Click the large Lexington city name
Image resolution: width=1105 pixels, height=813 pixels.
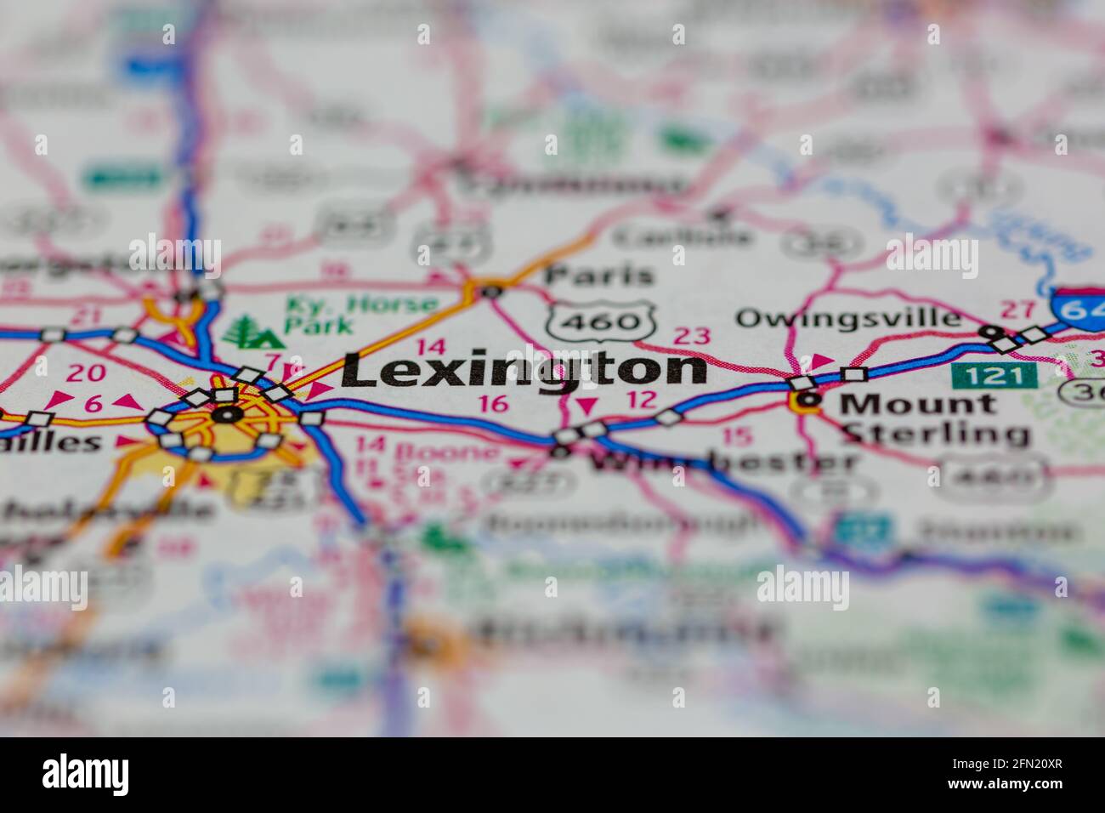(524, 369)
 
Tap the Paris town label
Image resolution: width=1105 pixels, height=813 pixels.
(599, 274)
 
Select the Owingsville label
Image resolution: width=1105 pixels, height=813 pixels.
(848, 318)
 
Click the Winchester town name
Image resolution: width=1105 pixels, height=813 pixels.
(722, 463)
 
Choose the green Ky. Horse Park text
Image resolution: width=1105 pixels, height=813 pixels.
(361, 313)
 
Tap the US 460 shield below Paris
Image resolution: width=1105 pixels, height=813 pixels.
(603, 320)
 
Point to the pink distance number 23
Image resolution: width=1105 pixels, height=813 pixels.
(691, 336)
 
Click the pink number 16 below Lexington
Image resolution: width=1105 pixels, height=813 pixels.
(494, 403)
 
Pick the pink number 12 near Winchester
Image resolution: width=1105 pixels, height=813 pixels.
(642, 400)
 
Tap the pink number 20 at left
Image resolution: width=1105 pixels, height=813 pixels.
(86, 372)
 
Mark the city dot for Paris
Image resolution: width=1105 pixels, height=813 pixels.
(490, 292)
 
